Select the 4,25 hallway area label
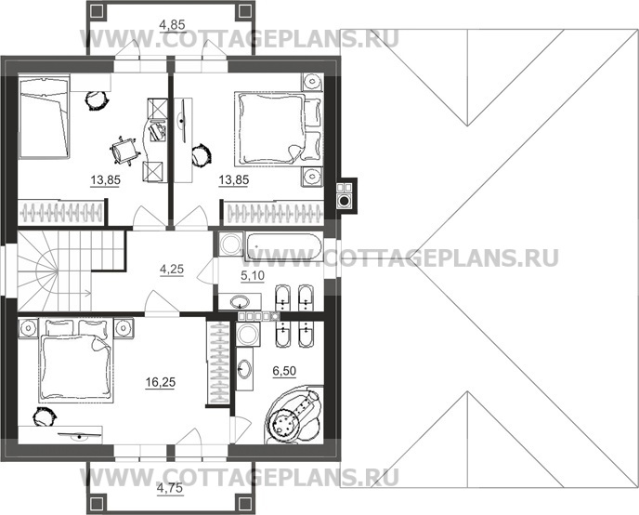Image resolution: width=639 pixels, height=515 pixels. (171, 271)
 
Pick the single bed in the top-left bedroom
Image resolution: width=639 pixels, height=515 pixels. (44, 121)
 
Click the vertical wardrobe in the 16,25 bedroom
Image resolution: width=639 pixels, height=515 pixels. (217, 363)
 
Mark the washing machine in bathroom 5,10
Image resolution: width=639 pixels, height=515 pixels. (228, 244)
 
